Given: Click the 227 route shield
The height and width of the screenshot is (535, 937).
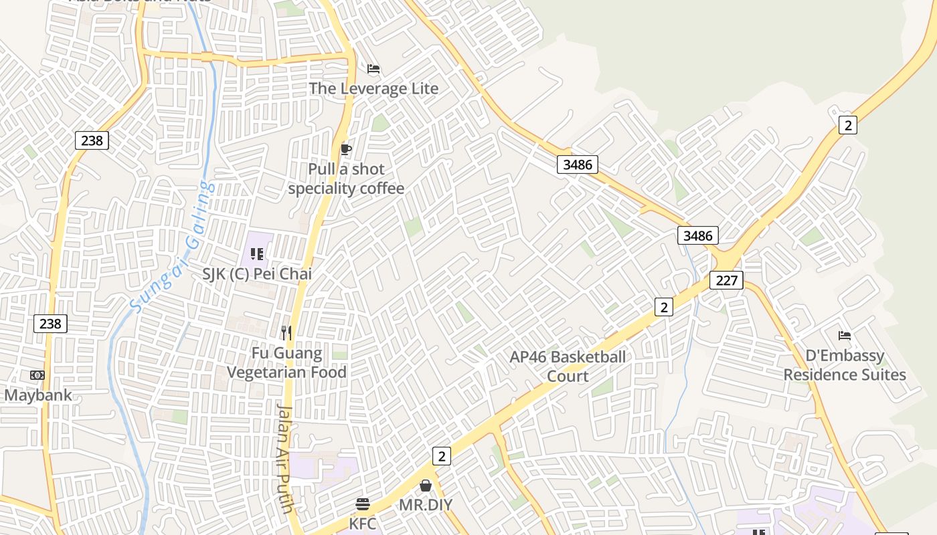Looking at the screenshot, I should coord(726,280).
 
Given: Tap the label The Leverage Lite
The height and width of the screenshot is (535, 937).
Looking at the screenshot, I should coord(373,88).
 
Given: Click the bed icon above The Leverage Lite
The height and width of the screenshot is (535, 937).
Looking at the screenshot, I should coord(373,69).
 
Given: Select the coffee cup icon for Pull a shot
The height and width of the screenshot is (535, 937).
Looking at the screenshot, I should coord(345,148).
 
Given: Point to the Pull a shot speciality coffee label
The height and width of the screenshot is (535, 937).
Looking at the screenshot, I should coord(346,179).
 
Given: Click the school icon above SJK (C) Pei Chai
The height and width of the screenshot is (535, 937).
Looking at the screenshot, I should coord(257,254).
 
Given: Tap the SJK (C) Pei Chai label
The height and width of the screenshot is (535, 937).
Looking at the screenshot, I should coord(257,274).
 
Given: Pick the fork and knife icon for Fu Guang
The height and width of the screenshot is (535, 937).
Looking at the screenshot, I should coord(286,332).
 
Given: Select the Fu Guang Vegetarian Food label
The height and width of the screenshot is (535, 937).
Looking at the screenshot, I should coord(286,362).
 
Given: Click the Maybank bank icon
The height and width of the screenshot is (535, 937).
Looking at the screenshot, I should coord(37,375).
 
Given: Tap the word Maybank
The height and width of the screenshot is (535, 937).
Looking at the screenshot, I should coord(37,395).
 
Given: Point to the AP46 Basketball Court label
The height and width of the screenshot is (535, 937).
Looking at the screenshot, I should coord(568,366).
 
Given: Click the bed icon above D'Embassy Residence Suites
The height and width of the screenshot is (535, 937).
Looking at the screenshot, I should coord(845,336).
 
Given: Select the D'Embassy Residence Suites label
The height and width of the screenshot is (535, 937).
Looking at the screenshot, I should coord(845,365).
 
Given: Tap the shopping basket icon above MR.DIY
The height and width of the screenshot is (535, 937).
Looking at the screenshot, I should coord(426,486).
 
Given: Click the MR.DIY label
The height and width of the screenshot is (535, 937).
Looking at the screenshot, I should coord(426,505).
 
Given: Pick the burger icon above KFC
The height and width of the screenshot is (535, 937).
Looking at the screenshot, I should coord(363,504).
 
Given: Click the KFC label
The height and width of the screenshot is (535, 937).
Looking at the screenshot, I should coord(363,522).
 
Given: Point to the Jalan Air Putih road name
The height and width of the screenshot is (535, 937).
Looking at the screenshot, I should coord(286,458).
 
